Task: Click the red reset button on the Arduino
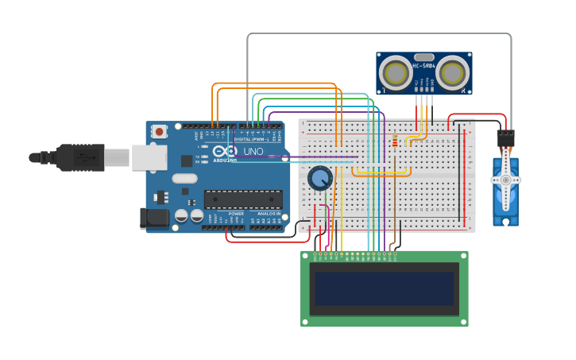click(160, 131)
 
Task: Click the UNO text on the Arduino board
click(253, 151)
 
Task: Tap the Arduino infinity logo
click(226, 151)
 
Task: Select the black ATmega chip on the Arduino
click(243, 199)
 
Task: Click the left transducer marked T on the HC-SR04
click(395, 73)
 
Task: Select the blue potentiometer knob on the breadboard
click(319, 178)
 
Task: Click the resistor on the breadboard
click(395, 141)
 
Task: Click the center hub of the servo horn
click(505, 180)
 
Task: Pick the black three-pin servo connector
click(505, 137)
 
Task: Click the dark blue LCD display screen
click(385, 288)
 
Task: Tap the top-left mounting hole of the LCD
click(305, 255)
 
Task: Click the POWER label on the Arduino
click(236, 213)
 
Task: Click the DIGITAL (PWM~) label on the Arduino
click(253, 139)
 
